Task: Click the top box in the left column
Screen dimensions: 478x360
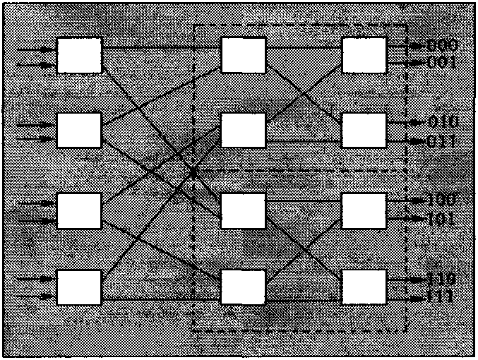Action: [79, 54]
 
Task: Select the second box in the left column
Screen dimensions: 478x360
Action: [79, 130]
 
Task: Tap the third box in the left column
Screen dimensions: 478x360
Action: [79, 210]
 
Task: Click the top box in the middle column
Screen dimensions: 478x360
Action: [244, 54]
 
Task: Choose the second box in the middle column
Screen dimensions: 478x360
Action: [244, 130]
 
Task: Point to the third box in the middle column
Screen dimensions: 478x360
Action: [244, 210]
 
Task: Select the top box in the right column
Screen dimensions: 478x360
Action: [364, 54]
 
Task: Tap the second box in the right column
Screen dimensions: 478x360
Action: [364, 130]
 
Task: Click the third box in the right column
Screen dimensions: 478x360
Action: [364, 210]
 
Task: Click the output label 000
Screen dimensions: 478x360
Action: [443, 47]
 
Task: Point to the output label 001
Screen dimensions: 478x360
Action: [443, 63]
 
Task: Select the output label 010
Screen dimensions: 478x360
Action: [443, 121]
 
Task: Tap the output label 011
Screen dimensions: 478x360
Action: [443, 140]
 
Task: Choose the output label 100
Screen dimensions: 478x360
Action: [443, 200]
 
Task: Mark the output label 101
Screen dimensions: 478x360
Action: [443, 218]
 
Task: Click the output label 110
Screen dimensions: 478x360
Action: [443, 279]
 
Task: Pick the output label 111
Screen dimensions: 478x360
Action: [443, 297]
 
